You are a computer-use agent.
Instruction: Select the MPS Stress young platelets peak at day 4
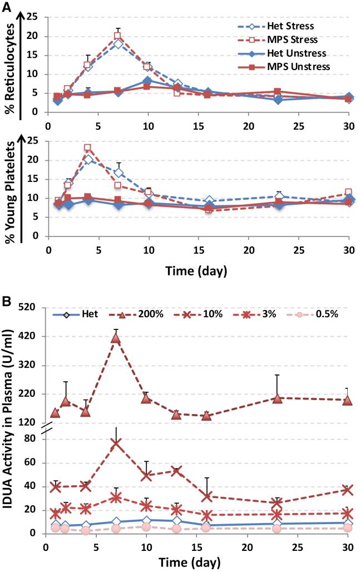pos(87,148)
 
